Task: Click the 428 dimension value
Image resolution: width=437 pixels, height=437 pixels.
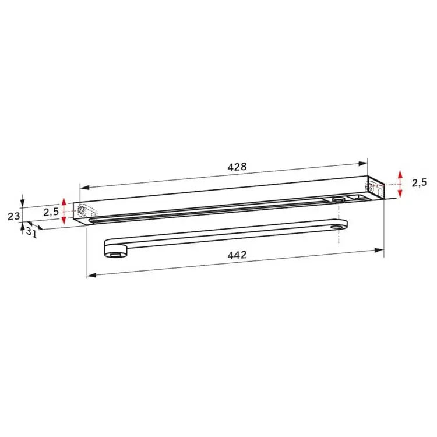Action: [x=237, y=166]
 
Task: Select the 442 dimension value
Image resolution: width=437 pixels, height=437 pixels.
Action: [x=237, y=255]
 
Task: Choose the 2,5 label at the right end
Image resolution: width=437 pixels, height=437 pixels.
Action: [x=419, y=182]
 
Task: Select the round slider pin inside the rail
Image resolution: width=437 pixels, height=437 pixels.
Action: [x=337, y=199]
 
